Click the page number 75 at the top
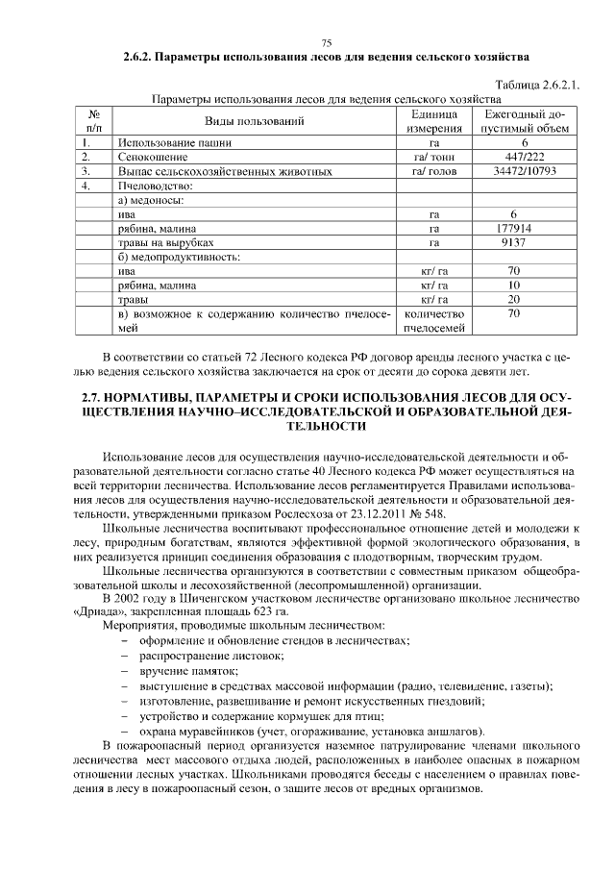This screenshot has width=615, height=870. [326, 43]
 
